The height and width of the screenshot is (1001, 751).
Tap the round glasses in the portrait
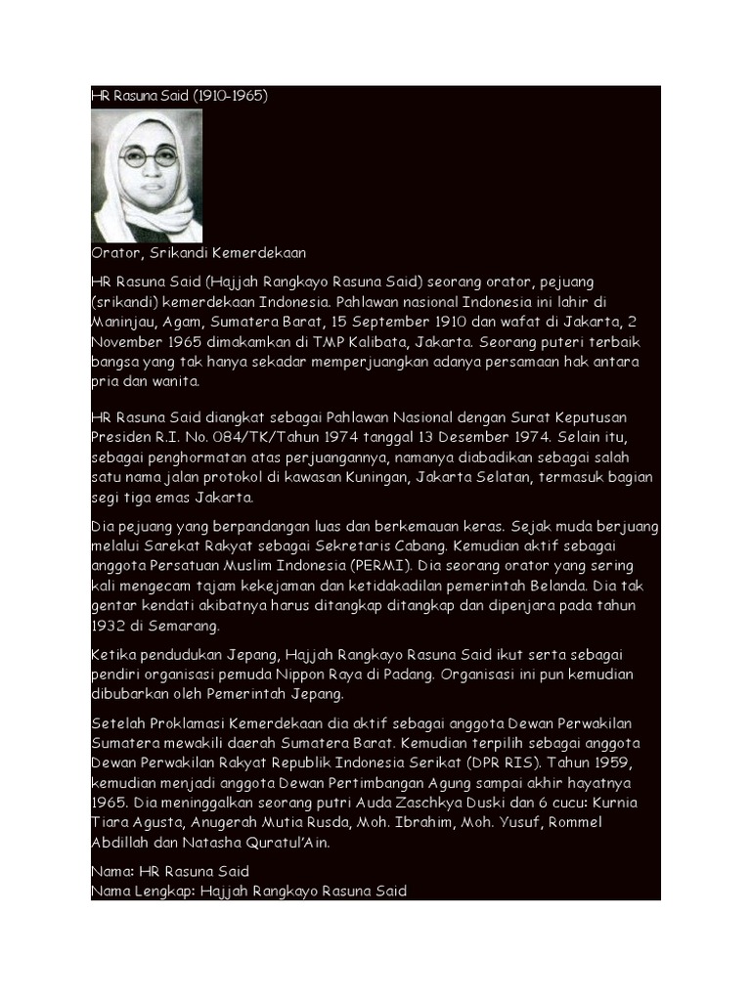(148, 155)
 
